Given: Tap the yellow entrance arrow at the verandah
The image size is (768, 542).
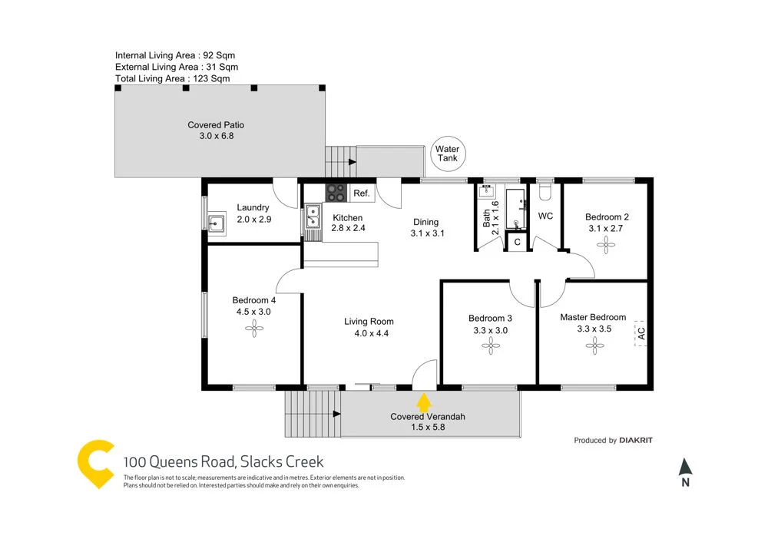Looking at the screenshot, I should coord(423,403).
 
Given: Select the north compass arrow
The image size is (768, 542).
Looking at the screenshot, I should coord(686,467).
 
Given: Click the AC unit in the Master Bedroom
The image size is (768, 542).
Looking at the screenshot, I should coord(640,333).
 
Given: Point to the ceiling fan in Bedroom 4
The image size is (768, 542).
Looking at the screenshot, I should coord(253,329).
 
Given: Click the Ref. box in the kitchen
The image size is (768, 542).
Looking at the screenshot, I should coord(361,193).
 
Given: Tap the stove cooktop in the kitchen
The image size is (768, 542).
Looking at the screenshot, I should coord(336,193).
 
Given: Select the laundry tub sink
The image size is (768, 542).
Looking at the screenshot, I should coord(216,224).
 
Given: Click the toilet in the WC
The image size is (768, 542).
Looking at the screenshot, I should coord(545,188).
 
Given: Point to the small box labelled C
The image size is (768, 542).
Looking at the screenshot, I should coord(517,242).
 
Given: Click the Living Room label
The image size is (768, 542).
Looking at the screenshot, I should coord(369,322).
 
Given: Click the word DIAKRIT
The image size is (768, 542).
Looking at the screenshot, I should coord(637,441).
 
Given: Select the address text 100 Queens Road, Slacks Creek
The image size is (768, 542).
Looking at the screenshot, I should coord(223,461).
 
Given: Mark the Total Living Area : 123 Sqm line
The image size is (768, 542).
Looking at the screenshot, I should coord(172,78).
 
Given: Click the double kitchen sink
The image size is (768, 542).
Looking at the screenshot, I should coord(312,216).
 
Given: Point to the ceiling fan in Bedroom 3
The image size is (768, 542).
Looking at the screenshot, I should coord(489,346).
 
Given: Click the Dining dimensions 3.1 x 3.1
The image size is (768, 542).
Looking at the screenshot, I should coord(428,233).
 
